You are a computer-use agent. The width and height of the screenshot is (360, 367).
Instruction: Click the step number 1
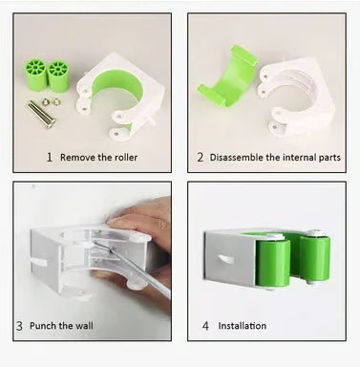point(50,157)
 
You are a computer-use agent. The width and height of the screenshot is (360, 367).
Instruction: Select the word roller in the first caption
point(125,158)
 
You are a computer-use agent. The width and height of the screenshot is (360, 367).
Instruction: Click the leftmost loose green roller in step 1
point(35,75)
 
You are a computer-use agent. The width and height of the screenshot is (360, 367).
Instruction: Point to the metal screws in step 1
point(42,114)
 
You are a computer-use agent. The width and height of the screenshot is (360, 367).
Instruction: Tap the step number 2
point(200,157)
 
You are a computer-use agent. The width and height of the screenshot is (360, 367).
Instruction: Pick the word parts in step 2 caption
point(329,158)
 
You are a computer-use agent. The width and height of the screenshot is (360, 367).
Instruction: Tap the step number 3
point(19,326)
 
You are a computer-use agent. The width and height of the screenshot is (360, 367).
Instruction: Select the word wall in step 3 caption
point(84,326)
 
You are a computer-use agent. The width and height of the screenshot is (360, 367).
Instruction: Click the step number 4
point(205,326)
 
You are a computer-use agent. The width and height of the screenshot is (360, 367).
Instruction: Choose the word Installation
point(243,326)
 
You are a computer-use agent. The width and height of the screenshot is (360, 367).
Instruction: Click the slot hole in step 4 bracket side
point(226,259)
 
